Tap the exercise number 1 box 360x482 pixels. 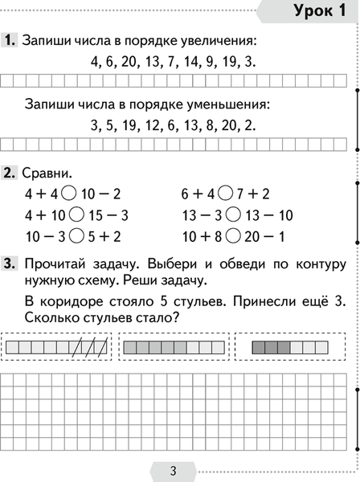(10, 39)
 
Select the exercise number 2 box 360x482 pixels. (10, 173)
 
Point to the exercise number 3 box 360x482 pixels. (10, 263)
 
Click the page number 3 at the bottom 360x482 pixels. (173, 470)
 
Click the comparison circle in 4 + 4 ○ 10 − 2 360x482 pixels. (67, 194)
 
